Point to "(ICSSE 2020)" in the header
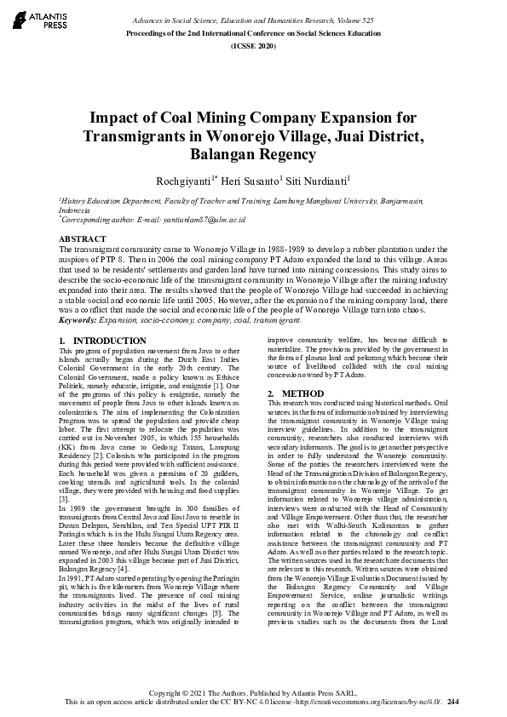(x=253, y=44)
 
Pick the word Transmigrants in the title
(x=141, y=136)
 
